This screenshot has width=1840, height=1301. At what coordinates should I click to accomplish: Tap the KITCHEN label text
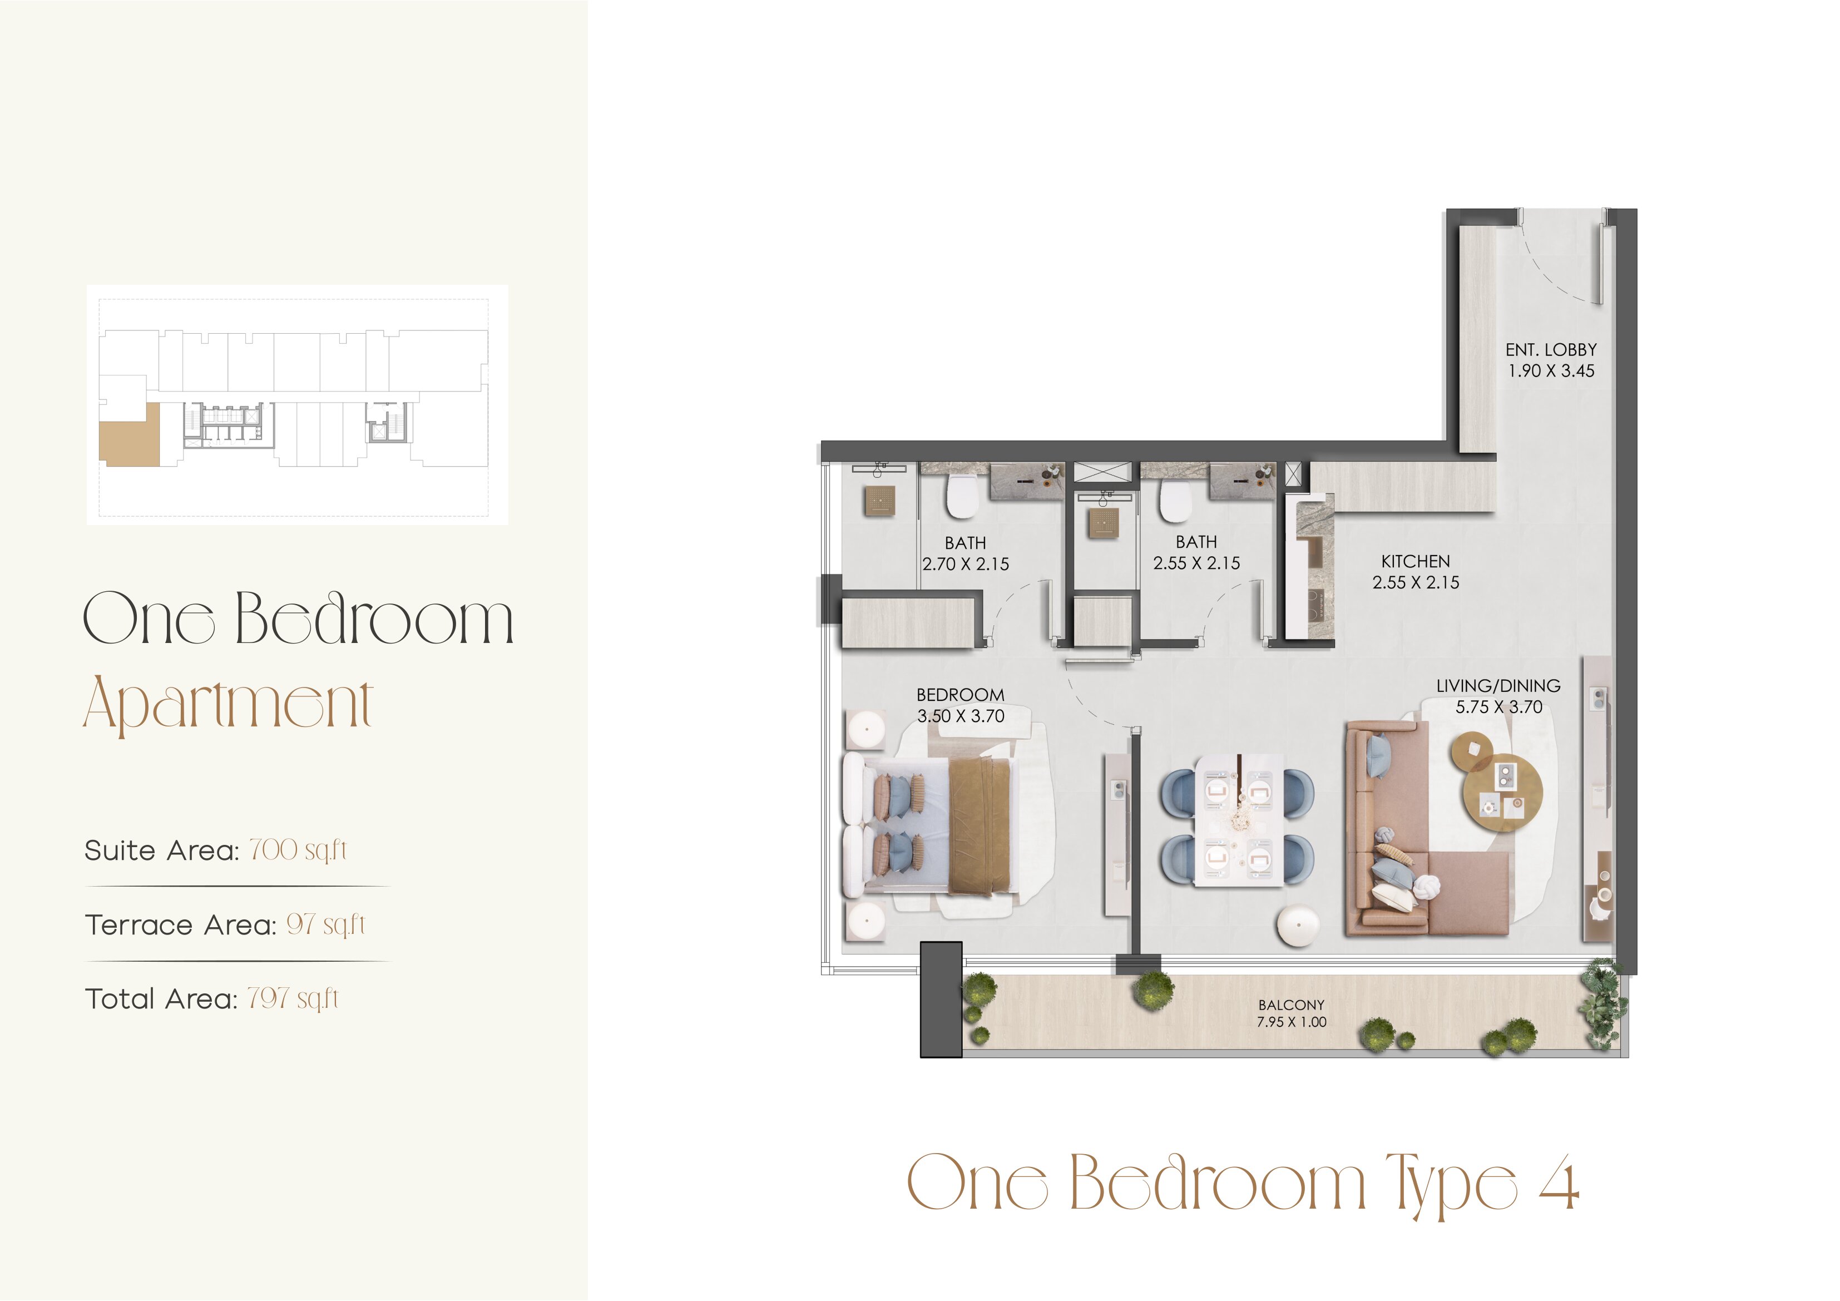pos(1415,561)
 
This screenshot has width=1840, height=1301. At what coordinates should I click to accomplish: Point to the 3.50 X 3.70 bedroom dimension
pos(960,716)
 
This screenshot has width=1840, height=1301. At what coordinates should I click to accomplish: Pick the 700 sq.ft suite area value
pos(298,850)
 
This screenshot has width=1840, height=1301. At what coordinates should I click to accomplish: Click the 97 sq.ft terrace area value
pos(325,924)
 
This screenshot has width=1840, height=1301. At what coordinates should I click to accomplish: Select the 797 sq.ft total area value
pos(293,999)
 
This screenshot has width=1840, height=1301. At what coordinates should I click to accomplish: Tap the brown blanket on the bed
pos(980,827)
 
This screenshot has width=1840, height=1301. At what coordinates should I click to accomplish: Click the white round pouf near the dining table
pos(1298,927)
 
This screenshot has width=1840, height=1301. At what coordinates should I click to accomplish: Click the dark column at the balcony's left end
pos(941,999)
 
